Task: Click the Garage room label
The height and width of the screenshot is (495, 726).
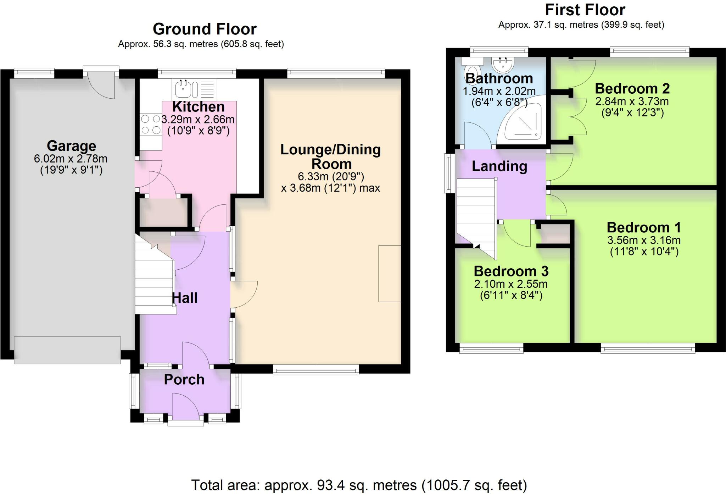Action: tap(71, 146)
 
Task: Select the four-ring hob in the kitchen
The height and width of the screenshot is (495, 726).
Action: tap(151, 125)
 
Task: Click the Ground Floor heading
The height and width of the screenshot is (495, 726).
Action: tap(205, 29)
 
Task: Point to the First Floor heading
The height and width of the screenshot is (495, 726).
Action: tap(585, 10)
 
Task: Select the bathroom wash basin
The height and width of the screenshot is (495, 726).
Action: tap(502, 65)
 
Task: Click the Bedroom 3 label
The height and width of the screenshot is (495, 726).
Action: tap(511, 271)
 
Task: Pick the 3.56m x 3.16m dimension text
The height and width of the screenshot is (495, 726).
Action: tap(644, 240)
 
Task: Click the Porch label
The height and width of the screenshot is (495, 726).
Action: tap(184, 380)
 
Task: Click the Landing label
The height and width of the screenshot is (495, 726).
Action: tap(499, 166)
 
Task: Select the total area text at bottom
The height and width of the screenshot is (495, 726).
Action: tap(359, 485)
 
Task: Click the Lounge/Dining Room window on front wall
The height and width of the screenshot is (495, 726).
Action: tap(316, 371)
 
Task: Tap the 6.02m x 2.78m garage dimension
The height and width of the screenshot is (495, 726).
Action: tap(71, 159)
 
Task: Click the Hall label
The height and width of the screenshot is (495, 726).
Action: tap(184, 298)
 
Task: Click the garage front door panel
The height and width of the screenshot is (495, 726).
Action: tap(67, 350)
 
